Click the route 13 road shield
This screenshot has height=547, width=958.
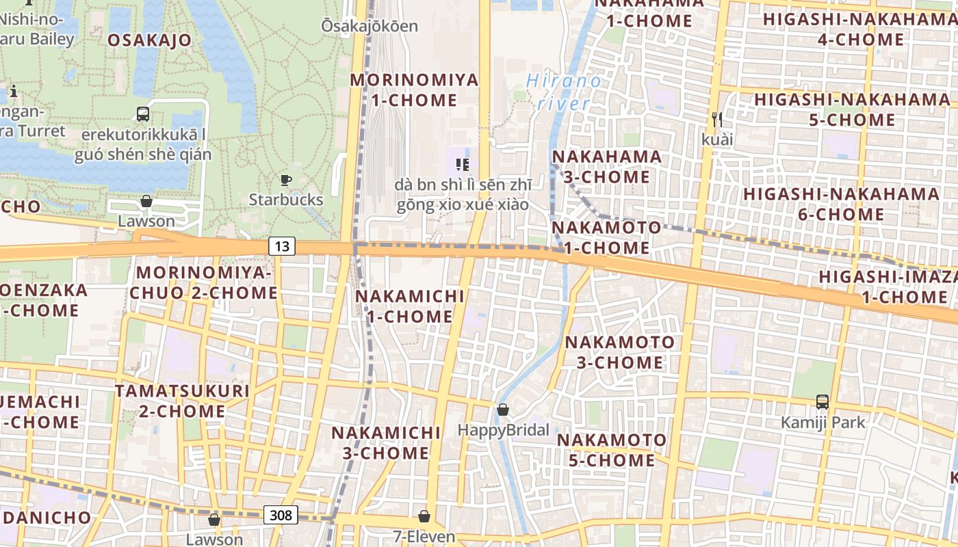click(282, 246)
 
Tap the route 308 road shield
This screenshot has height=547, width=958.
click(281, 515)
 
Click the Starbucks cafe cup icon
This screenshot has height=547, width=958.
click(285, 181)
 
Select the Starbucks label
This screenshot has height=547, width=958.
click(285, 200)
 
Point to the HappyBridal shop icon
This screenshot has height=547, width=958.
click(503, 410)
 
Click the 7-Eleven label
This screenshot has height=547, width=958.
click(424, 536)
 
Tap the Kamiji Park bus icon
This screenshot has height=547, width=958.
click(823, 402)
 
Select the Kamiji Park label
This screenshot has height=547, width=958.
click(823, 422)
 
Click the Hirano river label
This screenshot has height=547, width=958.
click(565, 92)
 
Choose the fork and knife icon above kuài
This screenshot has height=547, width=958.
click(717, 120)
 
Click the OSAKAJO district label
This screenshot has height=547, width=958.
click(149, 40)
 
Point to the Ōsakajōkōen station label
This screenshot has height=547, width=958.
click(370, 26)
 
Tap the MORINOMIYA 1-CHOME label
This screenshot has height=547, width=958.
click(414, 90)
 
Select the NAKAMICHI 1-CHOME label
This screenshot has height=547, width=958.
click(410, 306)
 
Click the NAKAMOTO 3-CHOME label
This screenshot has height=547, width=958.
click(620, 351)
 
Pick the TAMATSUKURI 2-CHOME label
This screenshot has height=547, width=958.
click(182, 401)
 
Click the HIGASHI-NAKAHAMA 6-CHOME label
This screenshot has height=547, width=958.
click(842, 204)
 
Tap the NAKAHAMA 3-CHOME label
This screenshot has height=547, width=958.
click(607, 167)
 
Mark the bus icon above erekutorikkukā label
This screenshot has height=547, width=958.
click(142, 114)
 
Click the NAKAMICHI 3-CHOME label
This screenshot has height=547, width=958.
click(386, 442)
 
